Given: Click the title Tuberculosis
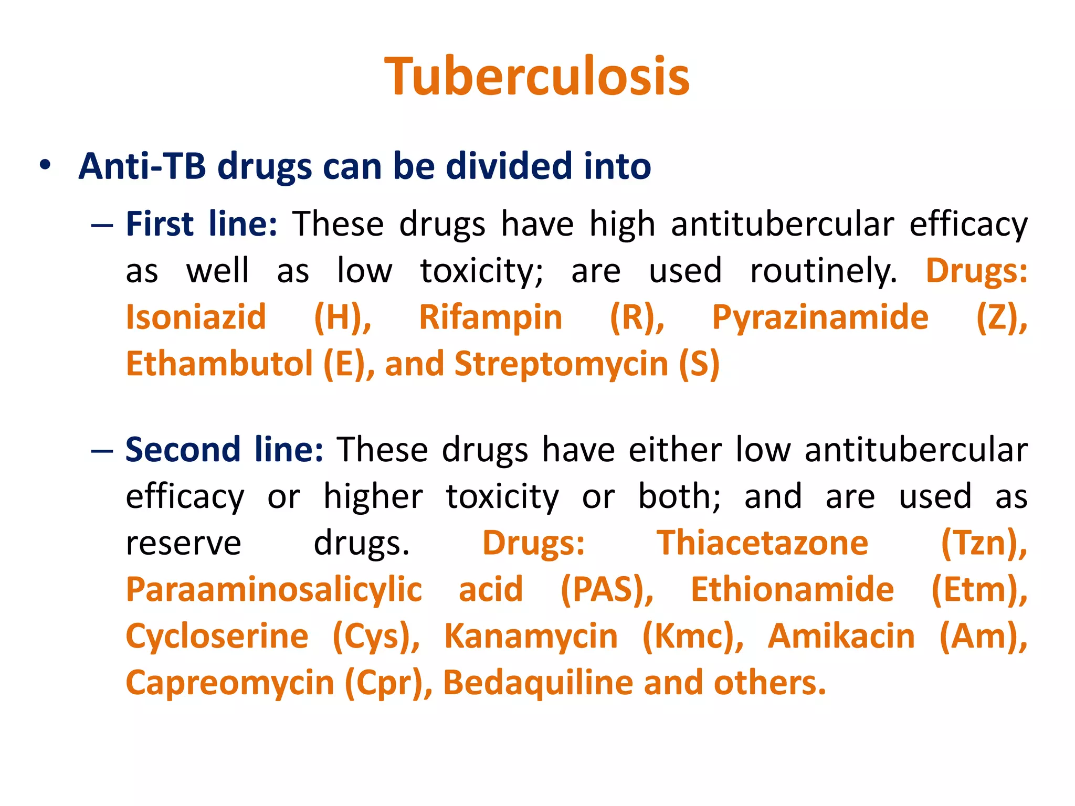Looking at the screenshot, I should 537,77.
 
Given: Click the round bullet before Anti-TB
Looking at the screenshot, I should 45,165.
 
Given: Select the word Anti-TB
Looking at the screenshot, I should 142,166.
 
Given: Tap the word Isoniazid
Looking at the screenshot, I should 196,317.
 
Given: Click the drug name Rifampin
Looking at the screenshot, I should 490,317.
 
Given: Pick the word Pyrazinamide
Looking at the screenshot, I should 820,317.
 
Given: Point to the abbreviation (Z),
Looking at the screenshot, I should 1002,317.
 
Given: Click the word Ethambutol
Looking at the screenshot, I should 219,364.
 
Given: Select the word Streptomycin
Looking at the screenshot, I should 561,364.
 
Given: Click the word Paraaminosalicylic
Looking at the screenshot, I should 273,589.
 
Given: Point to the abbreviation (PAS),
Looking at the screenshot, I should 607,589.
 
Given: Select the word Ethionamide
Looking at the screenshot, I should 792,589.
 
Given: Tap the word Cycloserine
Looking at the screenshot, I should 217,636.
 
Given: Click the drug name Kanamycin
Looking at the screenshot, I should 531,636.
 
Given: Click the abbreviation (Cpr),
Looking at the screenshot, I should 388,683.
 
